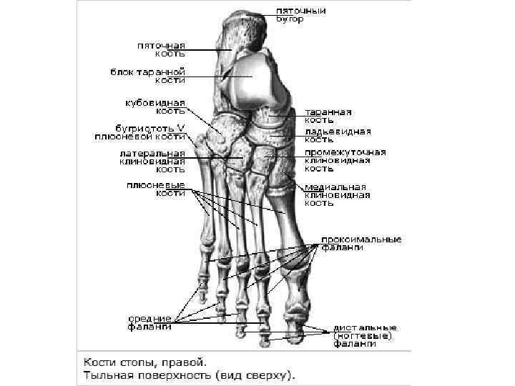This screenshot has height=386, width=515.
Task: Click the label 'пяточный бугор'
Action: coord(301,15)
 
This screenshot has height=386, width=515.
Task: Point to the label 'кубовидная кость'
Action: coord(155,107)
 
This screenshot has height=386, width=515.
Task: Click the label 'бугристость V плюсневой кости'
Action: coord(140,132)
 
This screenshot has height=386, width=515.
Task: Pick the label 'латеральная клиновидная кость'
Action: coord(152,162)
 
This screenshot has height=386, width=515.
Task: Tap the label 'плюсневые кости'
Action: coord(155,189)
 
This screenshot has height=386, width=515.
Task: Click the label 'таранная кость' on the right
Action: coord(328,117)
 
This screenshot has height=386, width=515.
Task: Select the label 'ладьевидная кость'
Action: coord(338,136)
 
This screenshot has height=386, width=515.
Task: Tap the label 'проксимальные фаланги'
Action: coord(360,243)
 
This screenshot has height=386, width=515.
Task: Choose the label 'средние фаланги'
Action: coord(149,322)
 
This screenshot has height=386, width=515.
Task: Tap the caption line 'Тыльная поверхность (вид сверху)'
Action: coord(190,375)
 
